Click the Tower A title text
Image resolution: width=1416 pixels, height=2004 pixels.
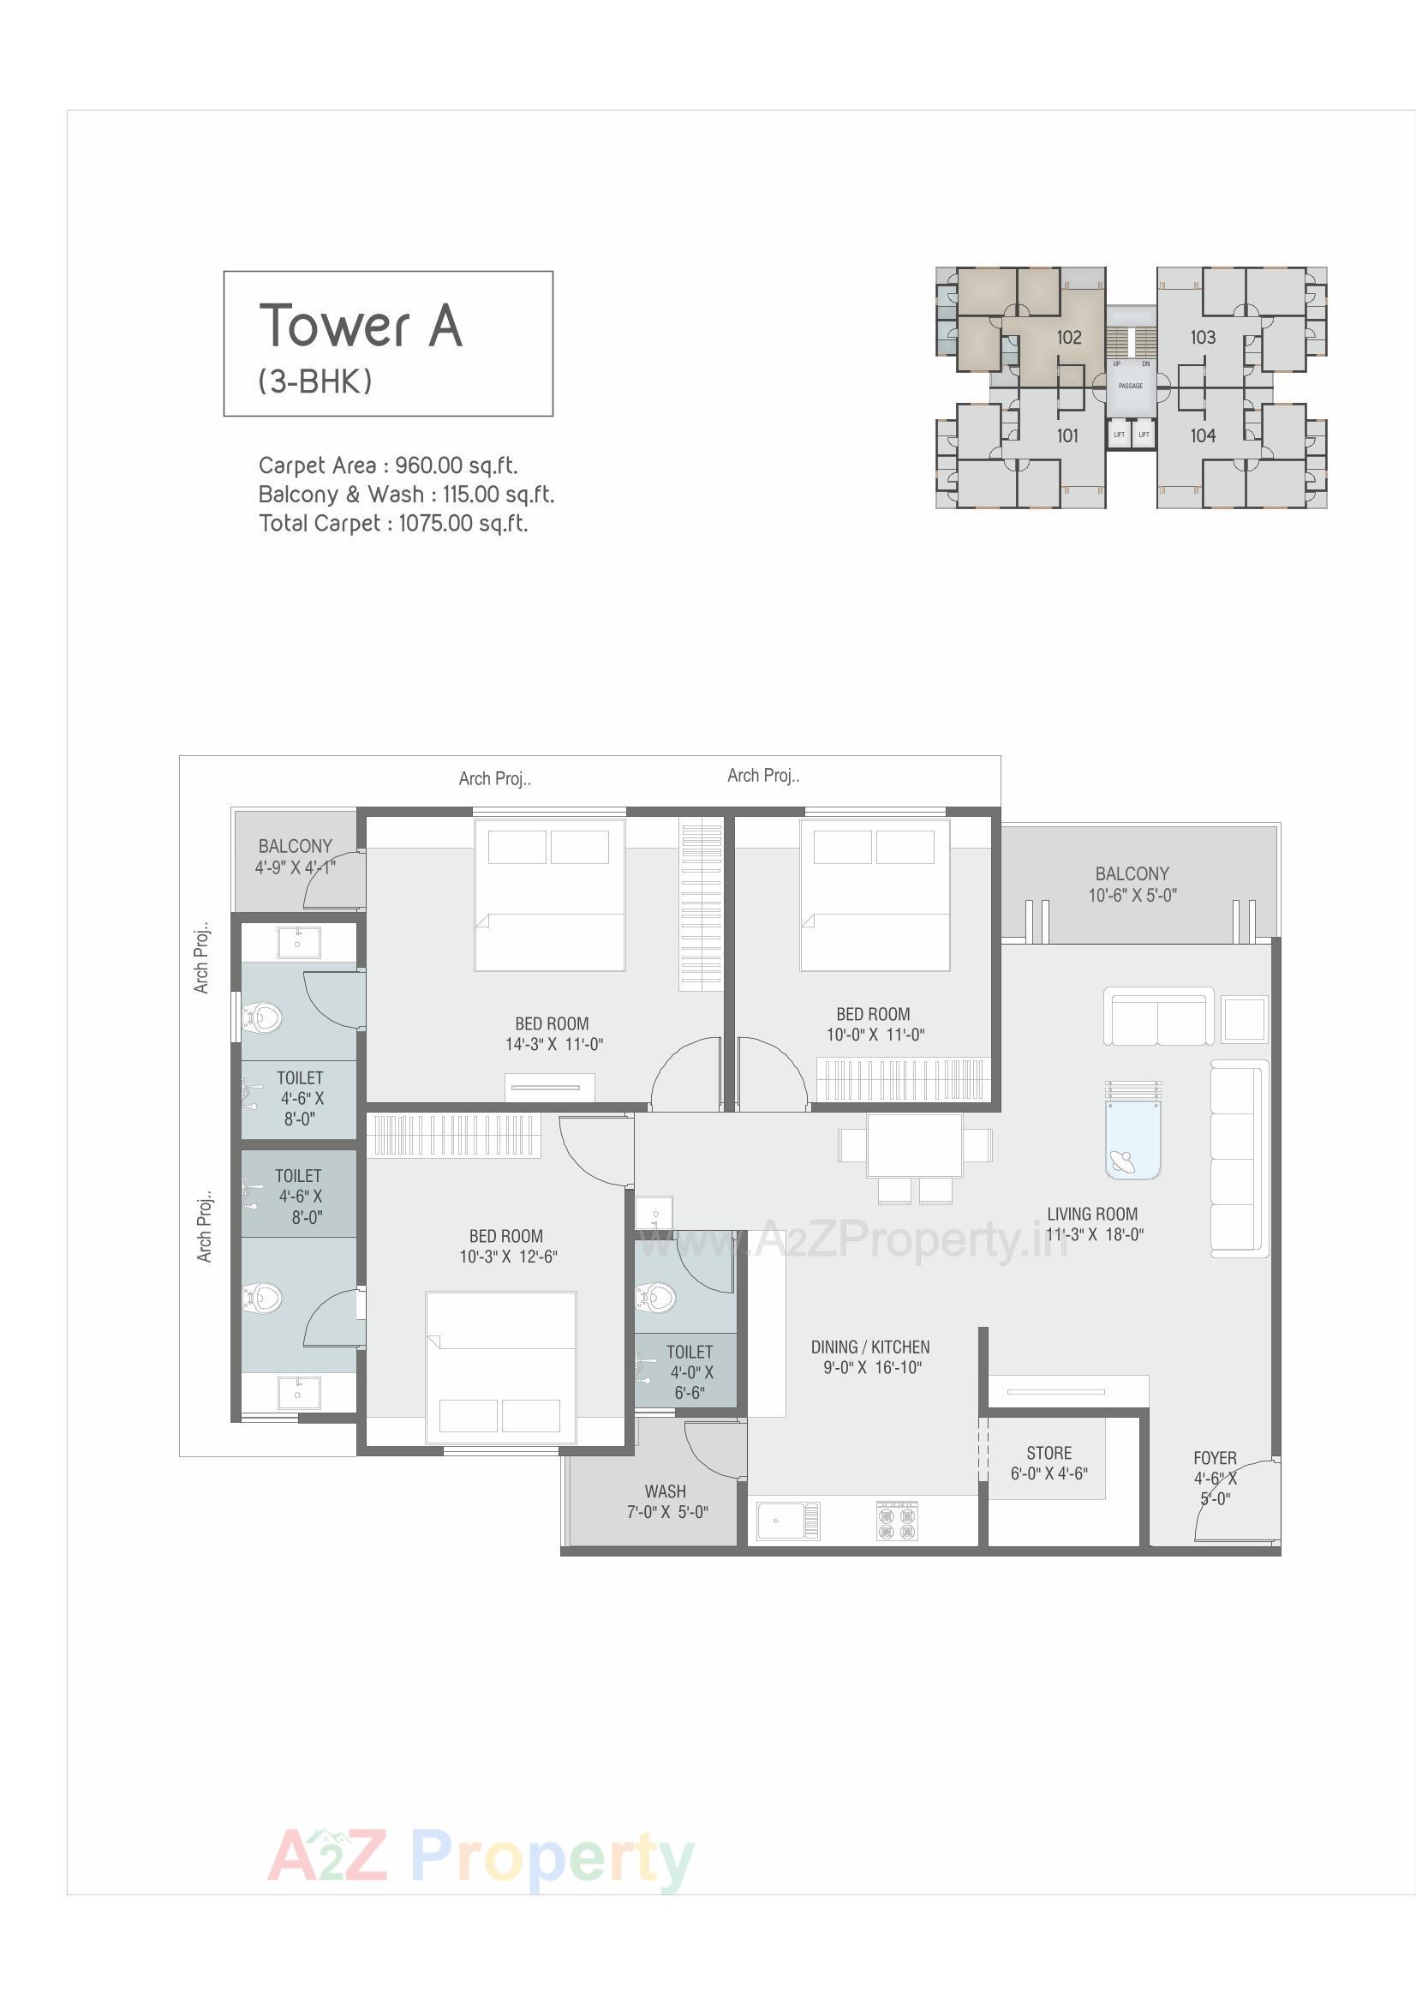(x=361, y=326)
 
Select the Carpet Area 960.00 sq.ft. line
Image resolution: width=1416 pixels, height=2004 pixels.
(x=387, y=465)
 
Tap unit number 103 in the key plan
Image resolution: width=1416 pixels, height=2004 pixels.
(x=1202, y=337)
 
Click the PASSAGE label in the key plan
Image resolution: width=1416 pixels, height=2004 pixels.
(x=1130, y=386)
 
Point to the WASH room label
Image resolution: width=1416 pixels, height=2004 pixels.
(x=665, y=1491)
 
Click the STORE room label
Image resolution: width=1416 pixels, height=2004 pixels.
(x=1049, y=1453)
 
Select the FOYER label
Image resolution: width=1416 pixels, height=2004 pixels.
(x=1215, y=1458)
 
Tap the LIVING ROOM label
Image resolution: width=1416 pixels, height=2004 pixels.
(x=1092, y=1214)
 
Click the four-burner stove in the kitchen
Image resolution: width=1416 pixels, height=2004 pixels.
(x=897, y=1521)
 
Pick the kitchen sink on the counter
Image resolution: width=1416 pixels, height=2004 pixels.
(x=787, y=1521)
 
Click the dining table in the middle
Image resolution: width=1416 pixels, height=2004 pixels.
(x=914, y=1145)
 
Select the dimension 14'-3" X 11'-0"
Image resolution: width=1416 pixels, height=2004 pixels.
(x=554, y=1044)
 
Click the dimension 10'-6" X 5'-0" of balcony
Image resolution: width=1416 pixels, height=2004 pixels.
(x=1132, y=895)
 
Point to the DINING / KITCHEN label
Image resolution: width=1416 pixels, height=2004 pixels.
(x=869, y=1347)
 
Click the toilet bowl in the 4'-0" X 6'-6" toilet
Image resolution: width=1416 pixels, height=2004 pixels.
(x=656, y=1296)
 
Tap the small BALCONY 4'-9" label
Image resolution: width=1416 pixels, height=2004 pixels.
(x=295, y=846)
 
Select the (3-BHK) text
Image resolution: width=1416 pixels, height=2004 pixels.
(x=315, y=381)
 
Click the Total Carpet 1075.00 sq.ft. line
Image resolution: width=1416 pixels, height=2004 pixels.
(x=392, y=523)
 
